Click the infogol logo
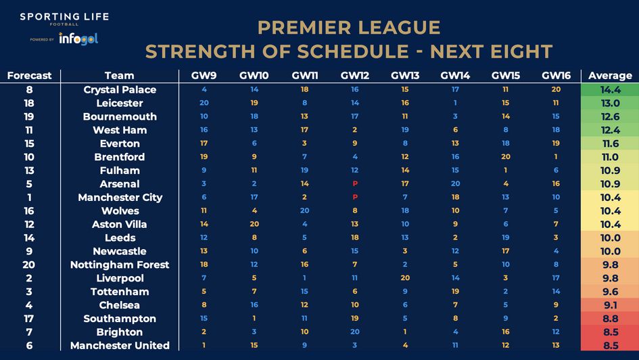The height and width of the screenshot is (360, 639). click(78, 39)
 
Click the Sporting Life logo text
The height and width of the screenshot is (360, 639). click(64, 17)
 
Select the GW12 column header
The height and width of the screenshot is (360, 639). click(354, 75)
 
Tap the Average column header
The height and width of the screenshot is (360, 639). click(610, 75)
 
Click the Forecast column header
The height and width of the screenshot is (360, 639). click(29, 75)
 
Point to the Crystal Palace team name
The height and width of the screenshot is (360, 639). click(120, 89)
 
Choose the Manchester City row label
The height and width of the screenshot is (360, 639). click(120, 197)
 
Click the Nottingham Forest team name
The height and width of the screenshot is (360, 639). click(120, 265)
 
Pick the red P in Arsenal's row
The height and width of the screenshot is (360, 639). click(354, 183)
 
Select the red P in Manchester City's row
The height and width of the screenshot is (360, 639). click(354, 197)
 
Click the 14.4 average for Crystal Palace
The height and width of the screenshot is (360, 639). click(610, 89)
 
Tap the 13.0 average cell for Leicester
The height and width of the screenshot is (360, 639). click(610, 103)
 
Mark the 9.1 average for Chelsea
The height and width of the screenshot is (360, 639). click(610, 305)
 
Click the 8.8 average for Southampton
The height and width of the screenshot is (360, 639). click(610, 318)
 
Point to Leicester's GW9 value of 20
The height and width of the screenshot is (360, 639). click(204, 103)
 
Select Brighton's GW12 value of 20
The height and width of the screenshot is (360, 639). click(354, 332)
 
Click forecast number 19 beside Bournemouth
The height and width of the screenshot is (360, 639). click(29, 116)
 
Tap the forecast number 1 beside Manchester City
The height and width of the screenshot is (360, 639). click(29, 197)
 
